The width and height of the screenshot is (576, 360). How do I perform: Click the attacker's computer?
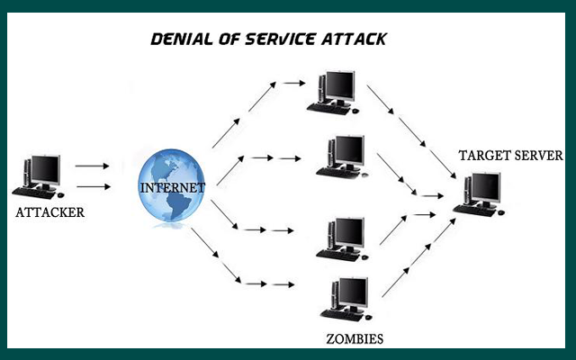(x=39, y=175)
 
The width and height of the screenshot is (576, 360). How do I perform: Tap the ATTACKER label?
(x=50, y=213)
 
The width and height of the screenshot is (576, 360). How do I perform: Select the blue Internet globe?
(x=172, y=187)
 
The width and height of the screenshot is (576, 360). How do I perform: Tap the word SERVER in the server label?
(x=536, y=155)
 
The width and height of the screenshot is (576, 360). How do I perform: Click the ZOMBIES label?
(x=355, y=339)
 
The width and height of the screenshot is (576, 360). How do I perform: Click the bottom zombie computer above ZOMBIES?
(x=343, y=298)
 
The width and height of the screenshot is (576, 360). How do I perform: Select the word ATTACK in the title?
(x=356, y=40)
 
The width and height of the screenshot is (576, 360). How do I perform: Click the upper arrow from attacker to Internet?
(x=92, y=166)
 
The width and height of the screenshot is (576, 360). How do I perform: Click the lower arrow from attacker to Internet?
(x=92, y=187)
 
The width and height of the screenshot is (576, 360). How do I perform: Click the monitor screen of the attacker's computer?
(x=43, y=167)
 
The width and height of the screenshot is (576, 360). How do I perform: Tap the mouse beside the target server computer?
(x=500, y=211)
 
